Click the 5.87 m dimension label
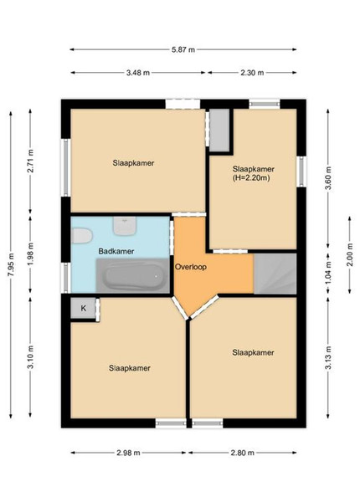coord(183,49)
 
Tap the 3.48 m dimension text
coord(138,73)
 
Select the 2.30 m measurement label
coord(252,73)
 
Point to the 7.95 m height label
coord(11,265)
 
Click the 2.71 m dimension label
coord(30,161)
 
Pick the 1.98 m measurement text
coord(30,254)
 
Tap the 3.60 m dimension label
coord(328,178)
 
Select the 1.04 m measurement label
coord(328,274)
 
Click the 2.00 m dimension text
coord(350,254)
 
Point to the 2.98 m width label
coord(128,453)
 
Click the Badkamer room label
coord(116,251)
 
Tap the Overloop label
coord(191,267)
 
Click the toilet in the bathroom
coord(82,236)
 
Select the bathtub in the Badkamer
coord(133,275)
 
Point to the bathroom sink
coord(125,226)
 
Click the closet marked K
coord(83,308)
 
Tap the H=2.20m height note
coord(250,178)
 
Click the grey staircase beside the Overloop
coord(275,274)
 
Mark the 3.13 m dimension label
coord(328,357)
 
